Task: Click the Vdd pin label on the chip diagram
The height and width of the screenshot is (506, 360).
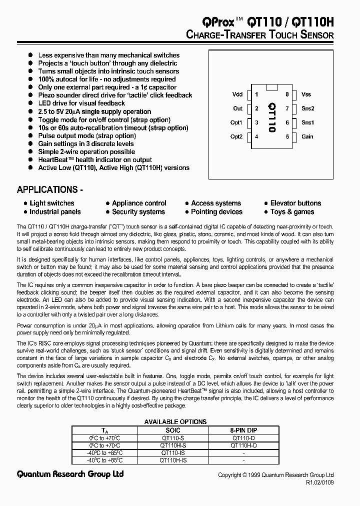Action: point(237,94)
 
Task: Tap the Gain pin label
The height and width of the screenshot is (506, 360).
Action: point(307,136)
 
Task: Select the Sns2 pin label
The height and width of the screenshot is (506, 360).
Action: point(307,108)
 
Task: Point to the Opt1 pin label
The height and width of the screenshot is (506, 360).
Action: point(236,122)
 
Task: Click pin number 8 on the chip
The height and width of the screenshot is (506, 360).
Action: point(287,94)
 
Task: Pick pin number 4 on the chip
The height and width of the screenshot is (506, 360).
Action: point(256,136)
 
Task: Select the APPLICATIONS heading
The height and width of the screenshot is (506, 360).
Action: point(47,190)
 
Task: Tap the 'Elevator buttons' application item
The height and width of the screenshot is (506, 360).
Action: point(295,203)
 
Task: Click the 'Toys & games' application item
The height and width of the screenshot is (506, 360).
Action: point(292,211)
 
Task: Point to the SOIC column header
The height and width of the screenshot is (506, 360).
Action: point(172,430)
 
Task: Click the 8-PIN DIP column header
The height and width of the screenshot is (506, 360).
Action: point(243,430)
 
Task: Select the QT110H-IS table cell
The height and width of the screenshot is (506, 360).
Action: point(173,460)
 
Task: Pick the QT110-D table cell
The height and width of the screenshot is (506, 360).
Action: point(243,437)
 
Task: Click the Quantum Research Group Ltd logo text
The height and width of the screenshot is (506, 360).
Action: point(70,474)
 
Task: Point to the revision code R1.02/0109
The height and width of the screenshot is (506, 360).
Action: point(319,483)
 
